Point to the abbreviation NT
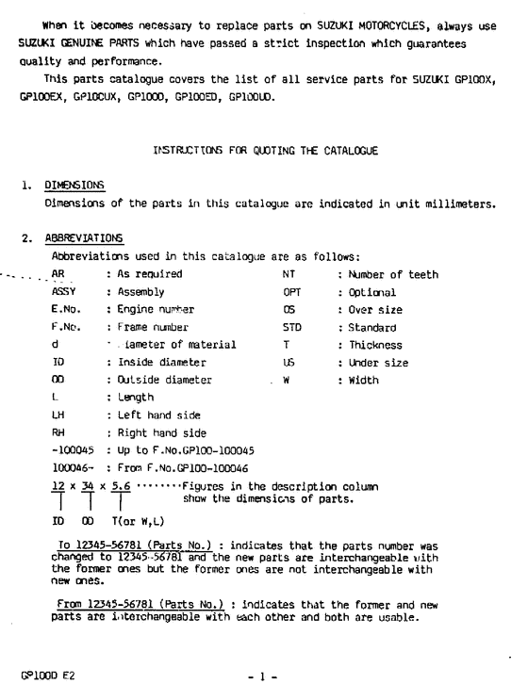(x=289, y=274)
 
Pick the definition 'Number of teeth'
(x=391, y=274)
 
